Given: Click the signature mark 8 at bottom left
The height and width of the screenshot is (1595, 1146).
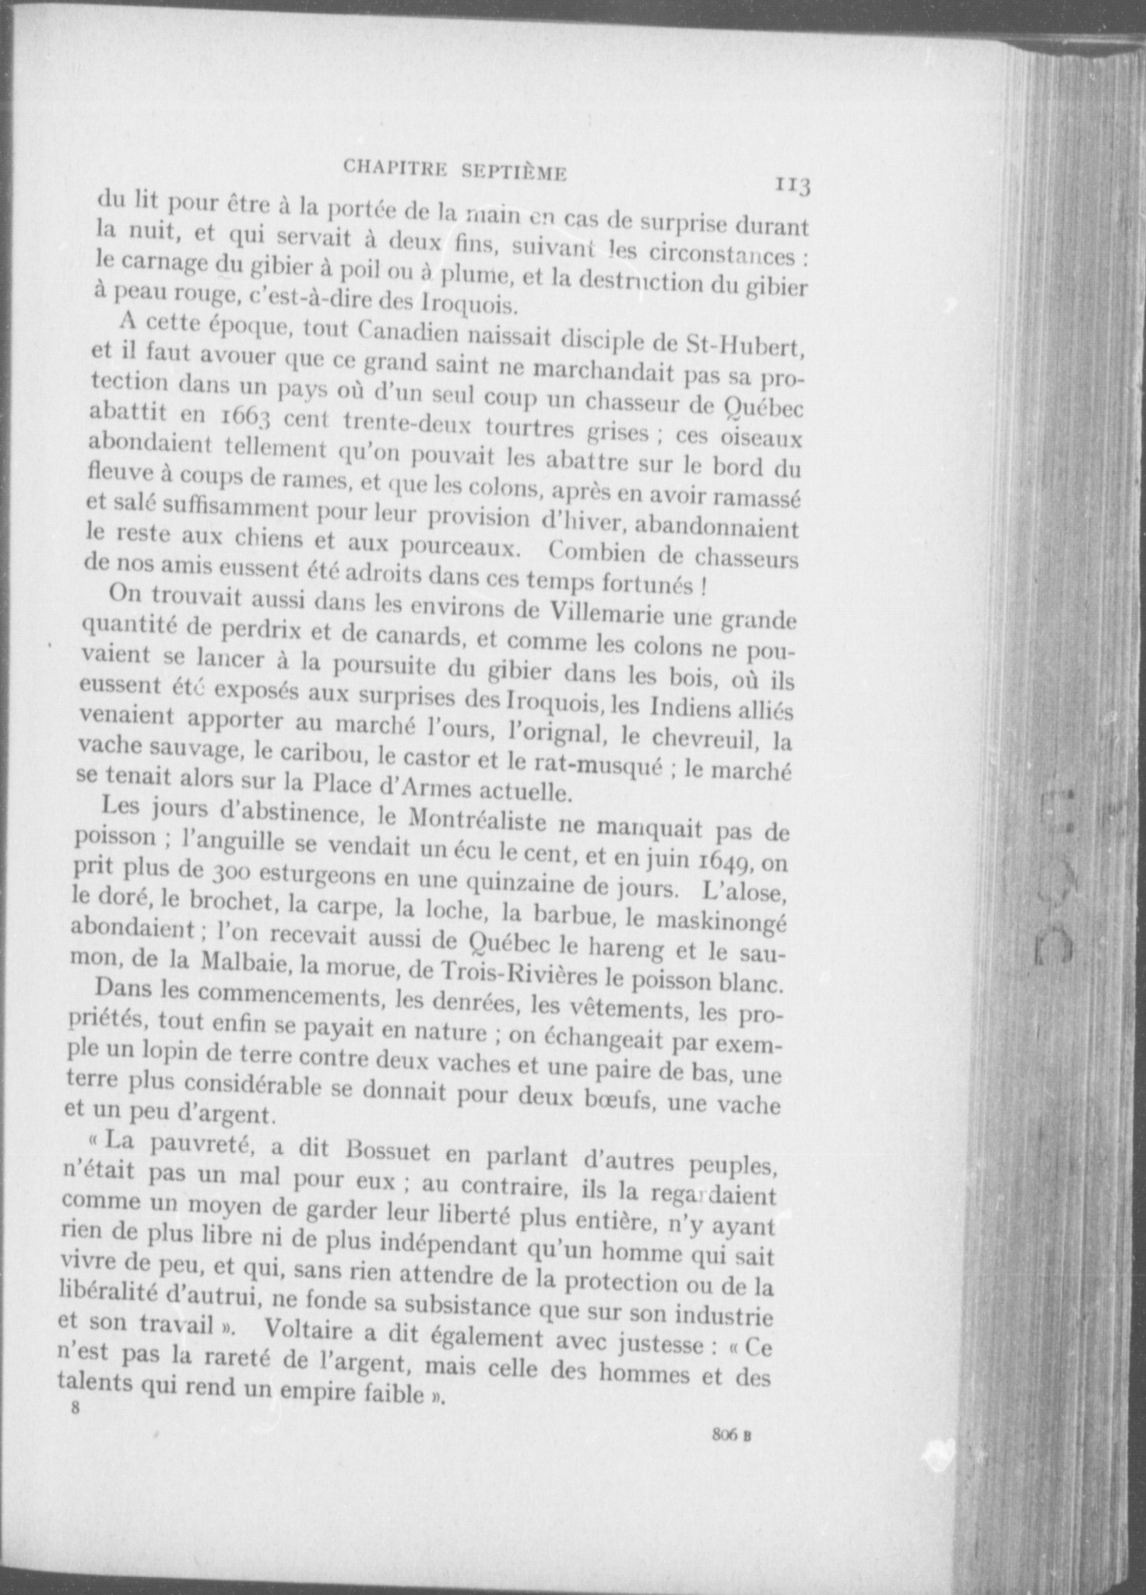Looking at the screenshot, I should (x=76, y=1407).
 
